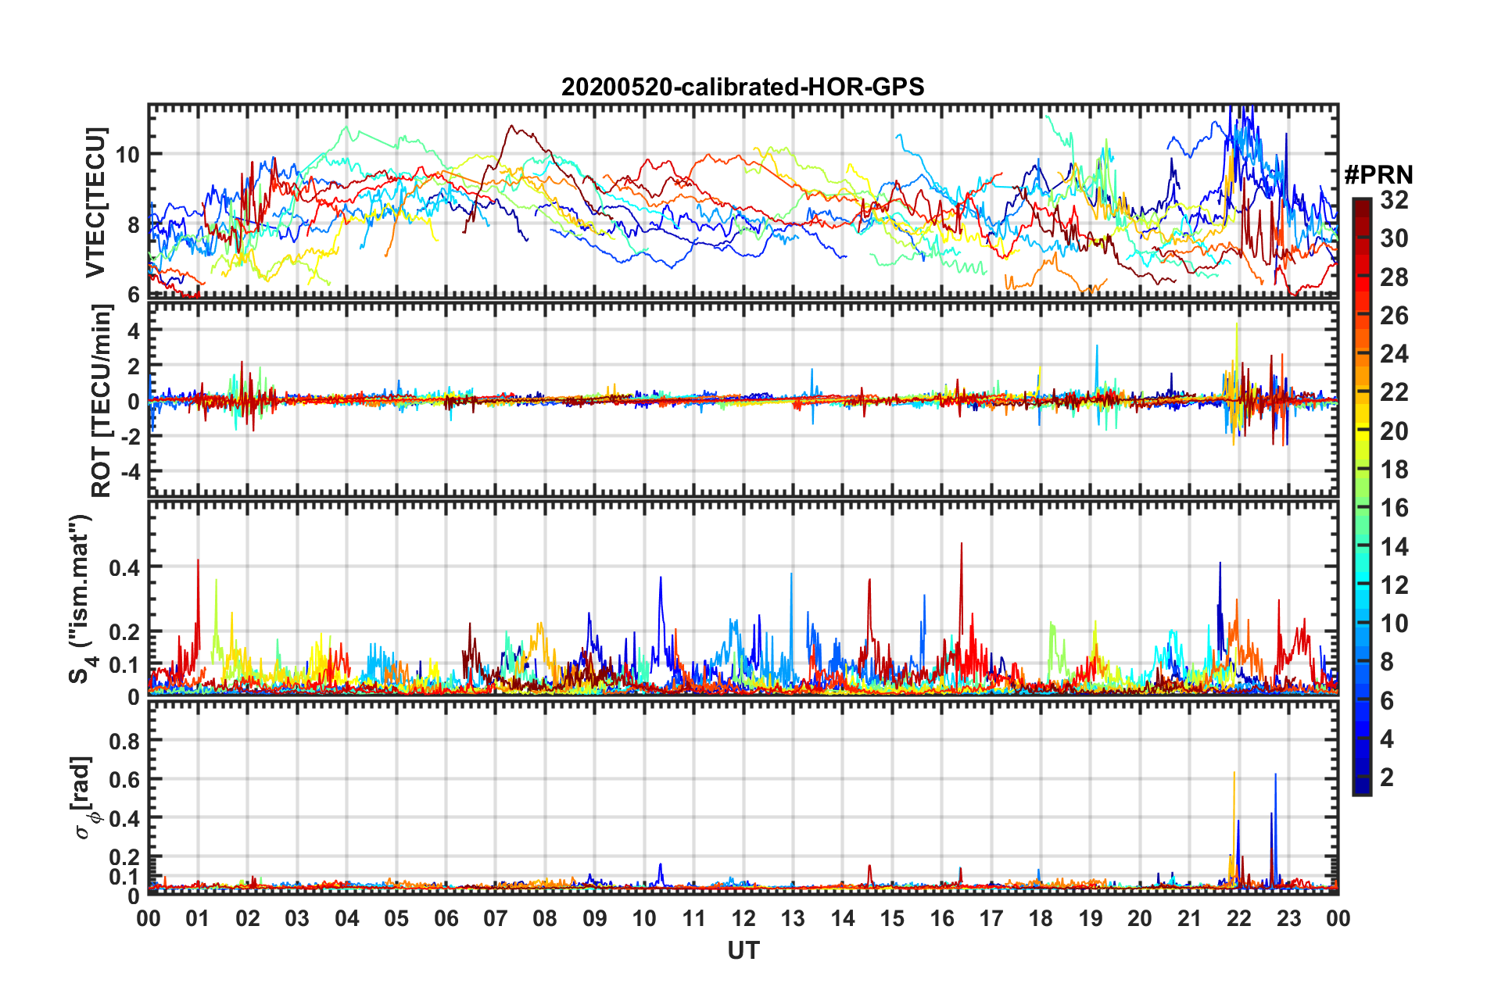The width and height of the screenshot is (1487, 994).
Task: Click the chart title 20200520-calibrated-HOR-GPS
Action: pyautogui.click(x=743, y=87)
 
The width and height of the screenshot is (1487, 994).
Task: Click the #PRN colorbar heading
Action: pyautogui.click(x=1378, y=175)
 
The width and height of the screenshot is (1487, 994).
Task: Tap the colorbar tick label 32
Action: pyautogui.click(x=1394, y=200)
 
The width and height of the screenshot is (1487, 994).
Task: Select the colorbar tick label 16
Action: pyautogui.click(x=1394, y=508)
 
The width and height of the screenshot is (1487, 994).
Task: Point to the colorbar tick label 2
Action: pyautogui.click(x=1387, y=777)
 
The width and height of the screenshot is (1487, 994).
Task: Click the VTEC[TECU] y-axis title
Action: pyautogui.click(x=96, y=202)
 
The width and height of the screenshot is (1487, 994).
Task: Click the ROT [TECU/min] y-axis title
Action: pyautogui.click(x=102, y=400)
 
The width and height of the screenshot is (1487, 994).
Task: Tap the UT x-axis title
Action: pyautogui.click(x=743, y=950)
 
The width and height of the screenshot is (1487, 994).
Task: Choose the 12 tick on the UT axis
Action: pyautogui.click(x=743, y=918)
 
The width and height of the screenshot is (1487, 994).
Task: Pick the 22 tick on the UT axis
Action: pyautogui.click(x=1239, y=918)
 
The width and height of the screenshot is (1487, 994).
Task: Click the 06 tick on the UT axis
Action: pyautogui.click(x=446, y=918)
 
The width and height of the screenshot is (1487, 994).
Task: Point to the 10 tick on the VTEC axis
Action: pyautogui.click(x=127, y=154)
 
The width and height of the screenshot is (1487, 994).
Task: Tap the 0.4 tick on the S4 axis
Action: pyautogui.click(x=124, y=567)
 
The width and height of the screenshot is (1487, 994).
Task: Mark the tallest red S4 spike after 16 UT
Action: pyautogui.click(x=962, y=544)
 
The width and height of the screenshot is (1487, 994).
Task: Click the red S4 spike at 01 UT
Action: pyautogui.click(x=198, y=560)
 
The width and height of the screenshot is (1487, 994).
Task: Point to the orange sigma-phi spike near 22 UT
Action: pyautogui.click(x=1234, y=774)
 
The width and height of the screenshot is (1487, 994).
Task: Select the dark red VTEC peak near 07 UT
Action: pyautogui.click(x=512, y=126)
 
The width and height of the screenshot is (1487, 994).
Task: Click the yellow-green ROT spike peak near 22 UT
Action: pyautogui.click(x=1237, y=324)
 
